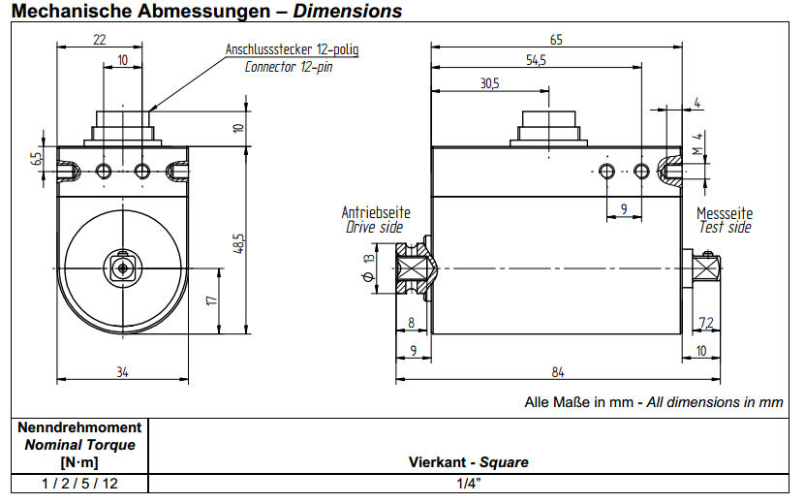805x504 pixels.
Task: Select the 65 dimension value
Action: pos(556,40)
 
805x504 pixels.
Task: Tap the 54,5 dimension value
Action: pos(536,61)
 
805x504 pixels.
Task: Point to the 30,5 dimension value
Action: pos(489,84)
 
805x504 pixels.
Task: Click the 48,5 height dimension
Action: pos(238,242)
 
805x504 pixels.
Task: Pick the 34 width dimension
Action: pos(122,371)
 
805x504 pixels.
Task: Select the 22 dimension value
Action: pos(100,40)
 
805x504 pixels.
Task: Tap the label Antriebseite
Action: pos(376,212)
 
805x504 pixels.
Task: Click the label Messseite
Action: pos(725,212)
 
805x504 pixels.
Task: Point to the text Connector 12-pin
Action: pos(289,67)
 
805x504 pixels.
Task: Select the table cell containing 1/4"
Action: pos(469,482)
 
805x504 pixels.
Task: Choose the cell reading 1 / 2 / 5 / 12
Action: pos(79,482)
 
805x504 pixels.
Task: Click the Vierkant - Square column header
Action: pos(469,462)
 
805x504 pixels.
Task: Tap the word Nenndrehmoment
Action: pos(79,427)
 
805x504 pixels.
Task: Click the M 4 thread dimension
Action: pos(697,143)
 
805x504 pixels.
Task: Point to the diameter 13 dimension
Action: pos(368,268)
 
